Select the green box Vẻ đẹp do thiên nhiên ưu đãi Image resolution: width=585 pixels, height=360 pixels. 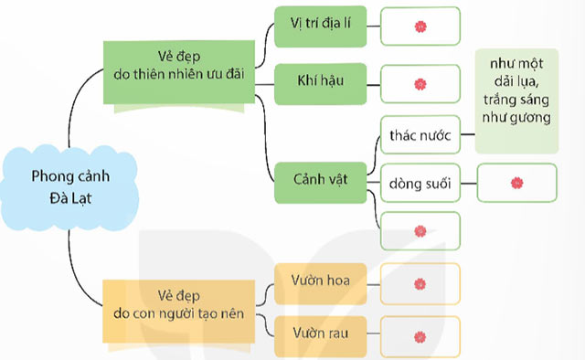point(178,75)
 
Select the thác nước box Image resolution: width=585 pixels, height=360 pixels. point(420,136)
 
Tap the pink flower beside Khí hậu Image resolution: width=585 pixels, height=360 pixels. point(420,84)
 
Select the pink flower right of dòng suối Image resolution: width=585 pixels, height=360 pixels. point(516,183)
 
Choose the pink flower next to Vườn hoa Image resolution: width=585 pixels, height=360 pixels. point(420,282)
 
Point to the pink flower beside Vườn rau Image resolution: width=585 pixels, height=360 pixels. point(420,336)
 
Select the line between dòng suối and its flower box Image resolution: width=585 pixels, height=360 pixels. point(469,183)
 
